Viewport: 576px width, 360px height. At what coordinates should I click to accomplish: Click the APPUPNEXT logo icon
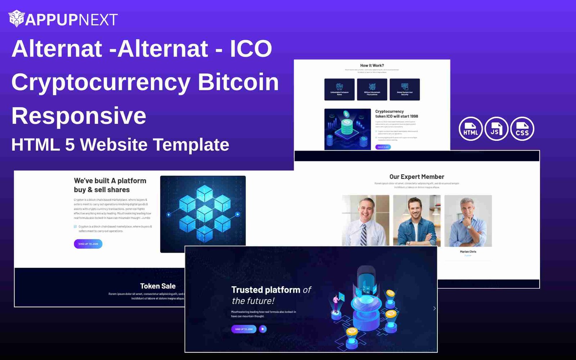tap(16, 19)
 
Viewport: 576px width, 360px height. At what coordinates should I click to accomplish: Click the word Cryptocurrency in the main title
tap(101, 82)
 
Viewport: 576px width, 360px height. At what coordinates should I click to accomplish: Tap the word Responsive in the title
tap(79, 116)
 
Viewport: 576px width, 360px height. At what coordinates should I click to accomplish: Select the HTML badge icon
tap(471, 129)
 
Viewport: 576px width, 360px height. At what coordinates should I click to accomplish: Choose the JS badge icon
tap(496, 129)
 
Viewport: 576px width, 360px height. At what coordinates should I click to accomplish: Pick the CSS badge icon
tap(522, 129)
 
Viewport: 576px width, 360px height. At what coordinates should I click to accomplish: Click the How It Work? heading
tap(372, 66)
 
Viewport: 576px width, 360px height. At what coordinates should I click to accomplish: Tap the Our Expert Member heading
tap(417, 177)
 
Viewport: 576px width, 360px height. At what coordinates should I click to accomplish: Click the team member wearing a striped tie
tap(365, 220)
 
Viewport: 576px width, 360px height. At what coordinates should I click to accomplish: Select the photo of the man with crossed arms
tap(417, 220)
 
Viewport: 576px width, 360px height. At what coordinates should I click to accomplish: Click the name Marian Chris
tap(468, 252)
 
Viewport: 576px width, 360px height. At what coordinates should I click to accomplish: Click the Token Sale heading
tap(158, 286)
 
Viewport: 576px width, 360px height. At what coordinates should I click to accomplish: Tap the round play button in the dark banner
tap(263, 329)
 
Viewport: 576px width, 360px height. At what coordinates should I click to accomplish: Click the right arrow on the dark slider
tap(434, 308)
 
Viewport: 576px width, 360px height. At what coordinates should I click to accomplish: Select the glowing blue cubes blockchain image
tap(203, 214)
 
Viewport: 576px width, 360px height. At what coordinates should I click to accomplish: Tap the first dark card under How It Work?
tap(339, 89)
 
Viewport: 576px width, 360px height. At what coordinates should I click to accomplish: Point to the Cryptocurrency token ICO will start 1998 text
tap(396, 114)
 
